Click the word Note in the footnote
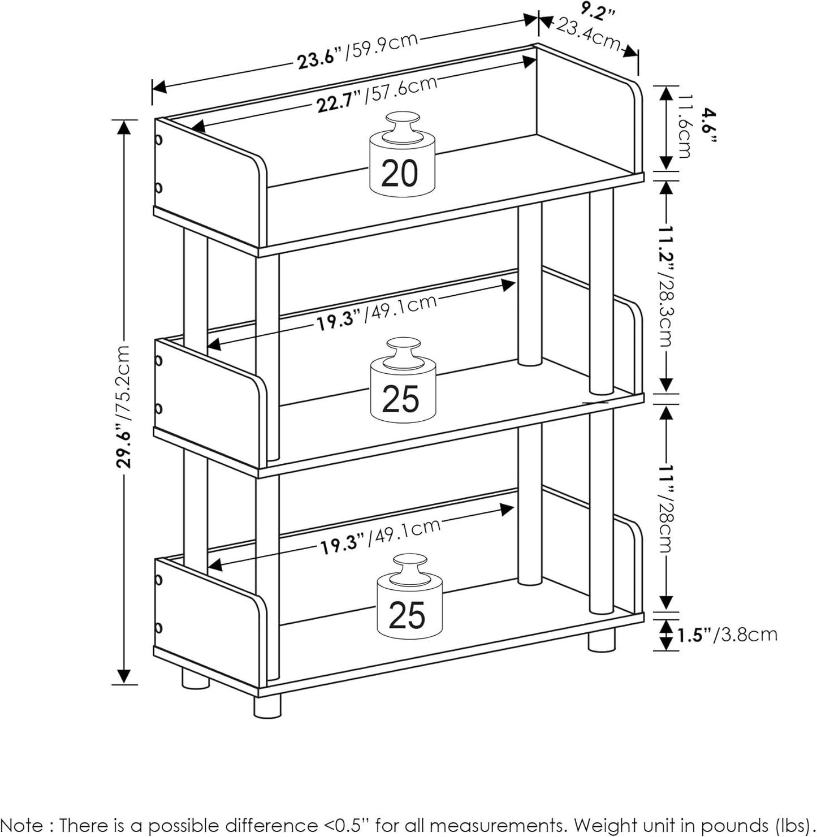(x=22, y=825)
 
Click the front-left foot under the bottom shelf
(x=267, y=706)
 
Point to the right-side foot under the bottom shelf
(x=601, y=640)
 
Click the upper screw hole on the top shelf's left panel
(x=159, y=139)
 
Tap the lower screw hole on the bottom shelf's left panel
(x=158, y=628)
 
